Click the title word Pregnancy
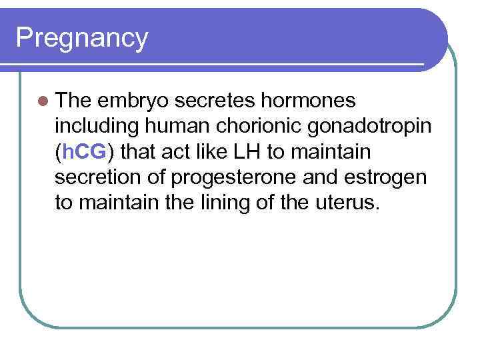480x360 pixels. tap(81, 39)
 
